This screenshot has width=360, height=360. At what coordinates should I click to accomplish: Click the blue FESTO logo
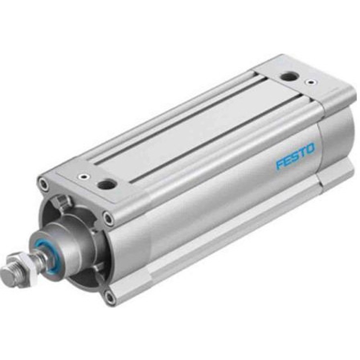tap(296, 156)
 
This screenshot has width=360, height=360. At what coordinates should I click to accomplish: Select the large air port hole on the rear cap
tap(288, 76)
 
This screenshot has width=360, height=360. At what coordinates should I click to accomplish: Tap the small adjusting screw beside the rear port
tap(310, 82)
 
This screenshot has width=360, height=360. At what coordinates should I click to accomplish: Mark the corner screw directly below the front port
tap(108, 219)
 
